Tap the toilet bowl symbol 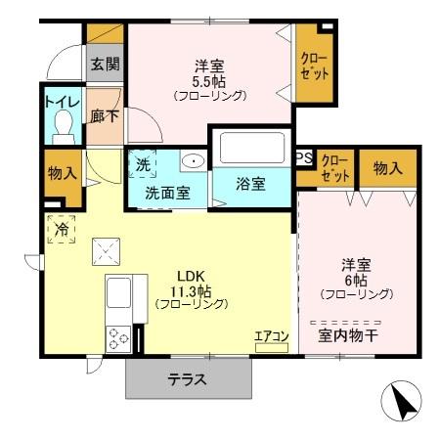(x=64, y=126)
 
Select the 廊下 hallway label (x=105, y=114)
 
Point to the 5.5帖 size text (x=210, y=81)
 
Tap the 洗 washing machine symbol (x=143, y=163)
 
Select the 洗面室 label (x=168, y=193)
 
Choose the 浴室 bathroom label (x=251, y=185)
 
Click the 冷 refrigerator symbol (x=62, y=231)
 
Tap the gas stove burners (x=118, y=337)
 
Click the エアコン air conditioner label (x=271, y=336)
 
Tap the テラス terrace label (x=186, y=380)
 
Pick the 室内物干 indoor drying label (x=346, y=336)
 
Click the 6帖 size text (x=354, y=279)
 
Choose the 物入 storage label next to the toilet (x=63, y=173)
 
